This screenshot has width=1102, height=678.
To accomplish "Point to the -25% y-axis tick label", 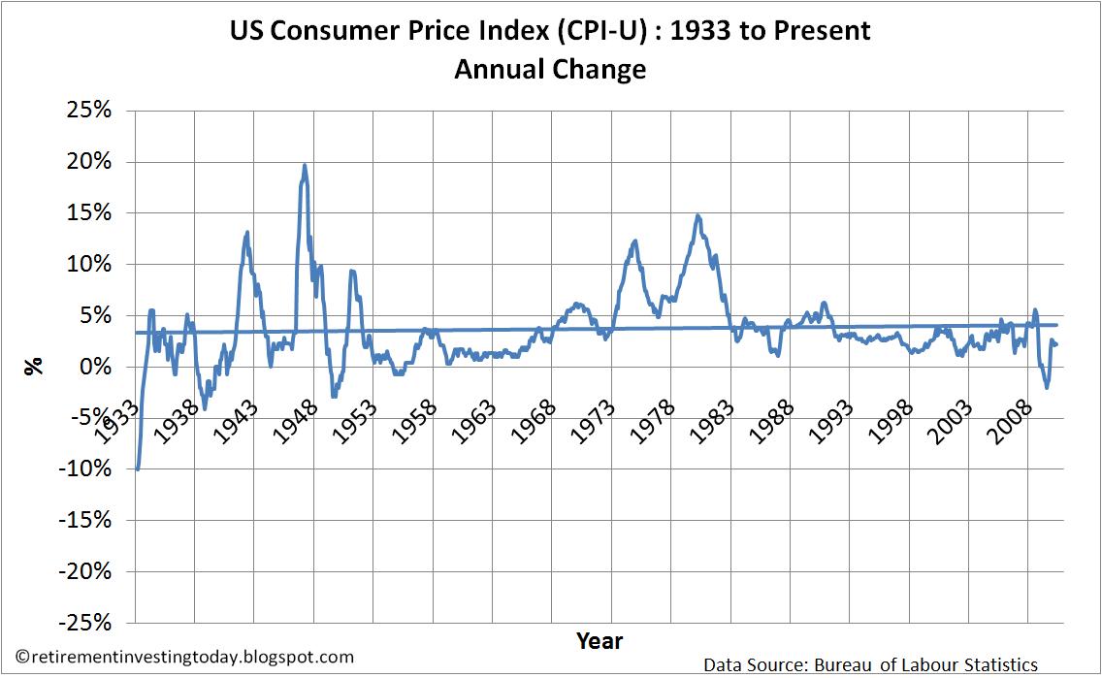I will click(x=87, y=623).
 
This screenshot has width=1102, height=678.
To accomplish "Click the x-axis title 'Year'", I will click(x=599, y=640).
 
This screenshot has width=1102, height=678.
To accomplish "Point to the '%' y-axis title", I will click(x=34, y=366).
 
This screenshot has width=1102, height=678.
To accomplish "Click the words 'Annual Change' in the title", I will click(x=550, y=70).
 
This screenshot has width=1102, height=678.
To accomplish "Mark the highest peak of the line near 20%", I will click(x=305, y=165).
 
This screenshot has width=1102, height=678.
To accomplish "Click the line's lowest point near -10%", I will click(x=137, y=469).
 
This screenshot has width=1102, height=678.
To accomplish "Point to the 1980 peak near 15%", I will click(x=697, y=215).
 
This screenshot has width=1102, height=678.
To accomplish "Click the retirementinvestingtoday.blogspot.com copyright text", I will click(x=185, y=658).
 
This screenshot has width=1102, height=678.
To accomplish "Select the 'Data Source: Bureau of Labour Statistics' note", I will click(x=871, y=665).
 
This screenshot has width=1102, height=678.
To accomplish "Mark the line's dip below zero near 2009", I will click(x=1047, y=387).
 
